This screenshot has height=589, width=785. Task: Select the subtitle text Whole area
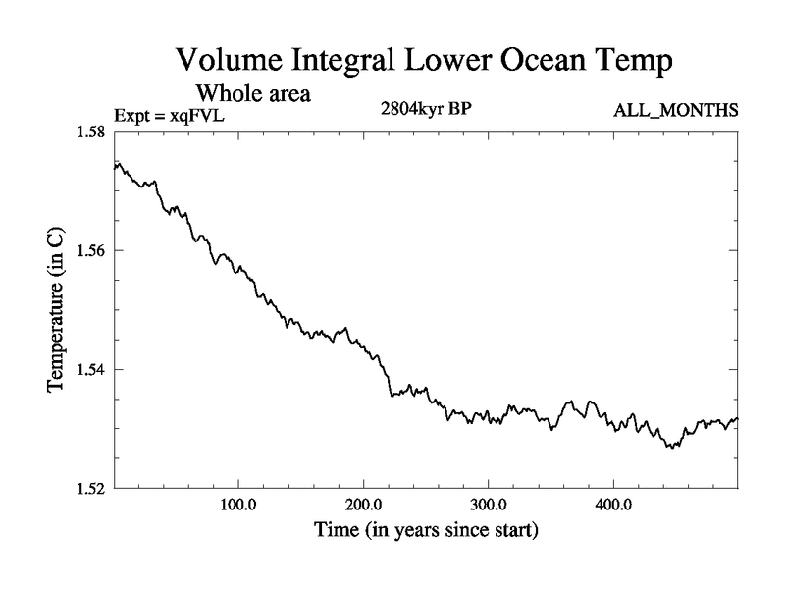(254, 95)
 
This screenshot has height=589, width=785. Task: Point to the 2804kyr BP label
(426, 109)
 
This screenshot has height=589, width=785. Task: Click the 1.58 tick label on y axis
(92, 133)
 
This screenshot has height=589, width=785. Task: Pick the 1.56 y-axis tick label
(92, 251)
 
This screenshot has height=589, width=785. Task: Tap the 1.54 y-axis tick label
(92, 370)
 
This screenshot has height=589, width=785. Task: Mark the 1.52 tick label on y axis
(92, 488)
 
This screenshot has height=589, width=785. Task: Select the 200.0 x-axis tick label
(364, 507)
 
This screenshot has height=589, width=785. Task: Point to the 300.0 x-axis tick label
(489, 507)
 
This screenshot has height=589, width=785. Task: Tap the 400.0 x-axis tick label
(613, 507)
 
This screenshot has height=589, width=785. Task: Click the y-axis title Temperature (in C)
(56, 310)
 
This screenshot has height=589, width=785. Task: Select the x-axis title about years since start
(426, 532)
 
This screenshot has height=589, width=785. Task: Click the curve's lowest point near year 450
(670, 448)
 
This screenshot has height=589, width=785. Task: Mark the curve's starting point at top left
(116, 165)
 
